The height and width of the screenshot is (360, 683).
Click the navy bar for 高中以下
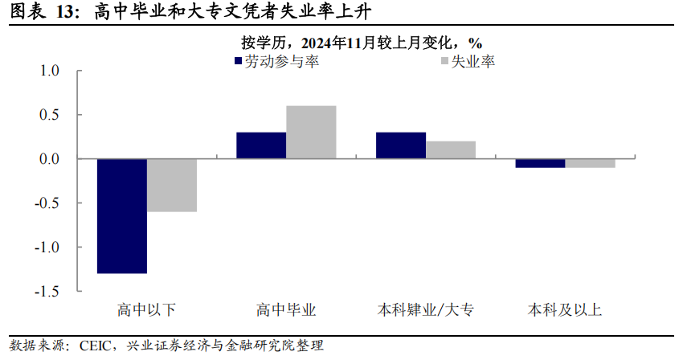click(x=122, y=216)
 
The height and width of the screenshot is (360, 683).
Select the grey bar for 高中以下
click(x=172, y=186)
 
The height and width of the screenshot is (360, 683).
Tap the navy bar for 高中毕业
click(x=261, y=145)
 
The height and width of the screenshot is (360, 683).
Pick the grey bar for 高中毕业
click(x=311, y=133)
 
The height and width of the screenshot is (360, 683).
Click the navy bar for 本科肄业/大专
click(x=401, y=145)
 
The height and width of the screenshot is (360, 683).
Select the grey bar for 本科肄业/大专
click(x=451, y=150)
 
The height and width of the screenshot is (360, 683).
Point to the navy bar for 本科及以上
click(x=541, y=163)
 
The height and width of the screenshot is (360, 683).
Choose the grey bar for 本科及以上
click(x=591, y=163)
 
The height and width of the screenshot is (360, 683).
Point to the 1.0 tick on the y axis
click(x=50, y=72)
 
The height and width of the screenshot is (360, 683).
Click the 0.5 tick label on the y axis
click(x=50, y=115)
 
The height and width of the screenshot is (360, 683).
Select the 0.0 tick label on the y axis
click(x=50, y=159)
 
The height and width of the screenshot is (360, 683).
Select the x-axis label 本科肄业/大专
click(x=426, y=310)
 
